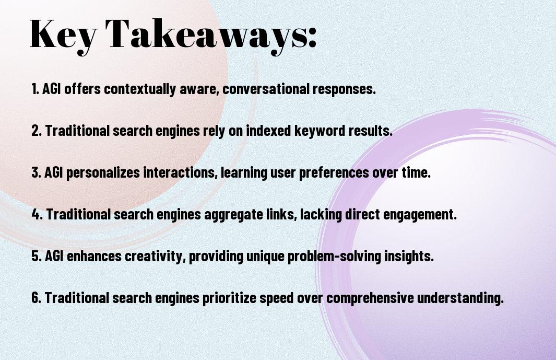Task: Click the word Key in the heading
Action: point(63,35)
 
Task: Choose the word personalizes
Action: point(103,172)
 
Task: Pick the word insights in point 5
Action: point(409,256)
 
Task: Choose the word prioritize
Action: point(229,298)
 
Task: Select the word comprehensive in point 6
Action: point(370,298)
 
